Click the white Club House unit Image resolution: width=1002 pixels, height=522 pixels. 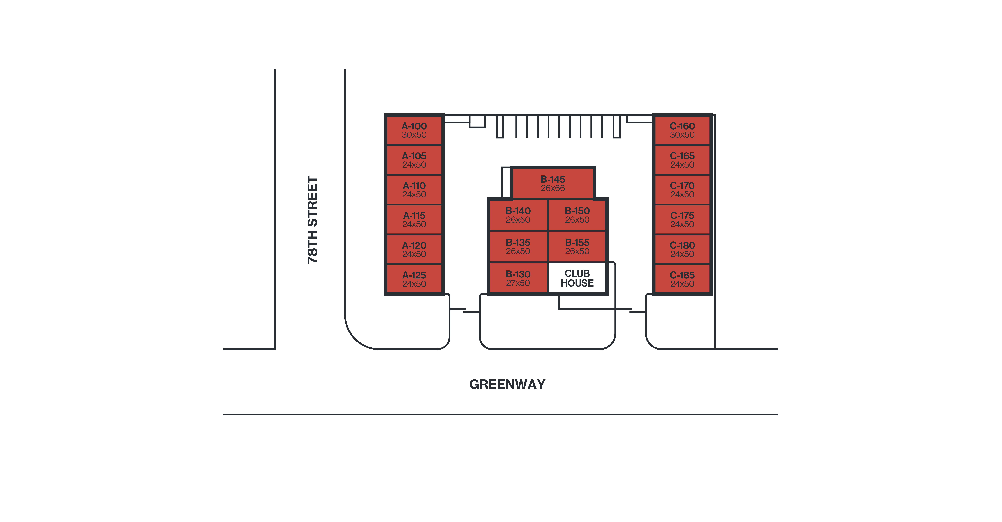pos(577,278)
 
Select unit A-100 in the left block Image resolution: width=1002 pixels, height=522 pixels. pos(414,130)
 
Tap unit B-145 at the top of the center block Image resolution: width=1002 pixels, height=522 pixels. pos(552,183)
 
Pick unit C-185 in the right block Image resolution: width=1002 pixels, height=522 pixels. pos(682,279)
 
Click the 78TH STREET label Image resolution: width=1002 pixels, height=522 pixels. pos(312,220)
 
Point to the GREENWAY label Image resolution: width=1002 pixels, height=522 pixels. pos(507,384)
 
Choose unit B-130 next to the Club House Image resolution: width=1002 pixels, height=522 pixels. pos(518,278)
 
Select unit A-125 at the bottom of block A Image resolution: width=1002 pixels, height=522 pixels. pos(414,279)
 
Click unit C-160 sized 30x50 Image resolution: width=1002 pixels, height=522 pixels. pos(682,130)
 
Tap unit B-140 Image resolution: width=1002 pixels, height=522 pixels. pos(518,215)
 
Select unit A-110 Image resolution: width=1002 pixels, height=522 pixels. pos(414,189)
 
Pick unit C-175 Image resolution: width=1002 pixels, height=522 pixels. pos(682,219)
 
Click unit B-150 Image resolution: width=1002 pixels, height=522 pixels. pos(577,215)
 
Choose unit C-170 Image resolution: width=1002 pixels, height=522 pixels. pos(682,189)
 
